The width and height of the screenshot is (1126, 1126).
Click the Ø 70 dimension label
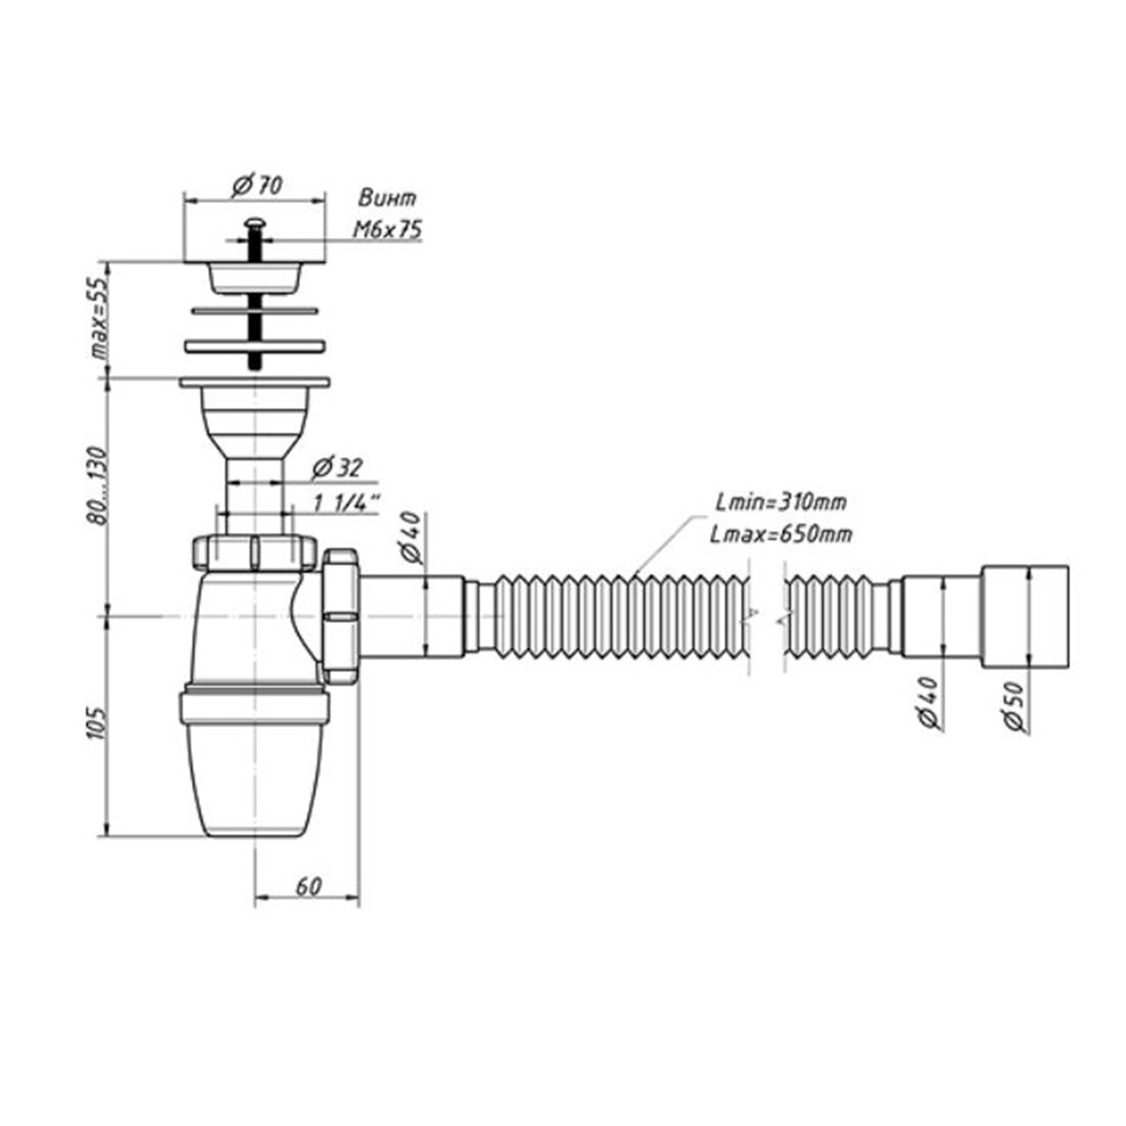[257, 186]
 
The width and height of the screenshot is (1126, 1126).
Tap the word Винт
[387, 198]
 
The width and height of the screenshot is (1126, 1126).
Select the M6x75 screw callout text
[387, 229]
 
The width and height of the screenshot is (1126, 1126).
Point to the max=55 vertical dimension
[101, 317]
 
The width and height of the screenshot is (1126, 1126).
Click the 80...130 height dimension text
[98, 486]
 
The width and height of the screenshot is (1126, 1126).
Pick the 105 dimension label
[98, 723]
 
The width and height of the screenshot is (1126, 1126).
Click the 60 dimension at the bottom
[308, 886]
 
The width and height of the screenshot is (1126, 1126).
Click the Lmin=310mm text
[780, 502]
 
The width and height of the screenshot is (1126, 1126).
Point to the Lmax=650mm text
[780, 535]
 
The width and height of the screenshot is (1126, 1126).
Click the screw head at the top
[254, 223]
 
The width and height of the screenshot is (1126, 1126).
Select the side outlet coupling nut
[341, 616]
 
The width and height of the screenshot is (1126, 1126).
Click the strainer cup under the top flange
[255, 280]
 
